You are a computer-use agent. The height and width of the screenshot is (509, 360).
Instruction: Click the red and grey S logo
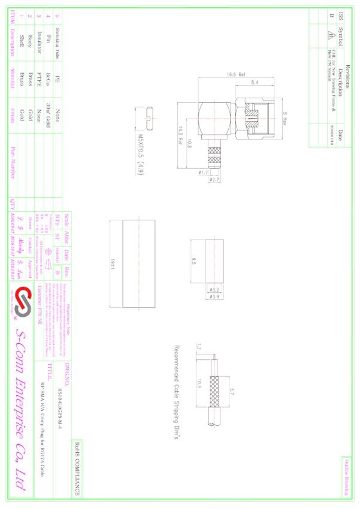[23, 302]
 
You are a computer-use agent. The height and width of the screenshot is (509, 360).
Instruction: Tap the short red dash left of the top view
[150, 119]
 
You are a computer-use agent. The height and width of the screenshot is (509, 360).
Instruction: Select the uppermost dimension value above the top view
[236, 75]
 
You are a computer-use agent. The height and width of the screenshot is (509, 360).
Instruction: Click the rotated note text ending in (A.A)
[141, 154]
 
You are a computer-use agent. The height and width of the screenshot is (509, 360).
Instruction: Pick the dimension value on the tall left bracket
[113, 263]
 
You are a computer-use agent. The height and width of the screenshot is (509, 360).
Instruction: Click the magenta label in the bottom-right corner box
[346, 477]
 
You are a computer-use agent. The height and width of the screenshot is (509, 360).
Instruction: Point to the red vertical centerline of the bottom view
[214, 389]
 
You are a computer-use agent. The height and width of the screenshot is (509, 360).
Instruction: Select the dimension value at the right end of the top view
[285, 118]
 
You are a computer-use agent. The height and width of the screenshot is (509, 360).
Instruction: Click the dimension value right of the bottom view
[232, 392]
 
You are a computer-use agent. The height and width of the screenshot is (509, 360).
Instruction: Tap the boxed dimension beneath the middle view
[214, 293]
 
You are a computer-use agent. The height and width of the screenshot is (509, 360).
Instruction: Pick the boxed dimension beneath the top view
[214, 176]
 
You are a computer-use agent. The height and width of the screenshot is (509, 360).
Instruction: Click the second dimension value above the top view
[255, 83]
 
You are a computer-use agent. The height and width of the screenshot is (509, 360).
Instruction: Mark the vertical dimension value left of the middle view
[194, 261]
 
